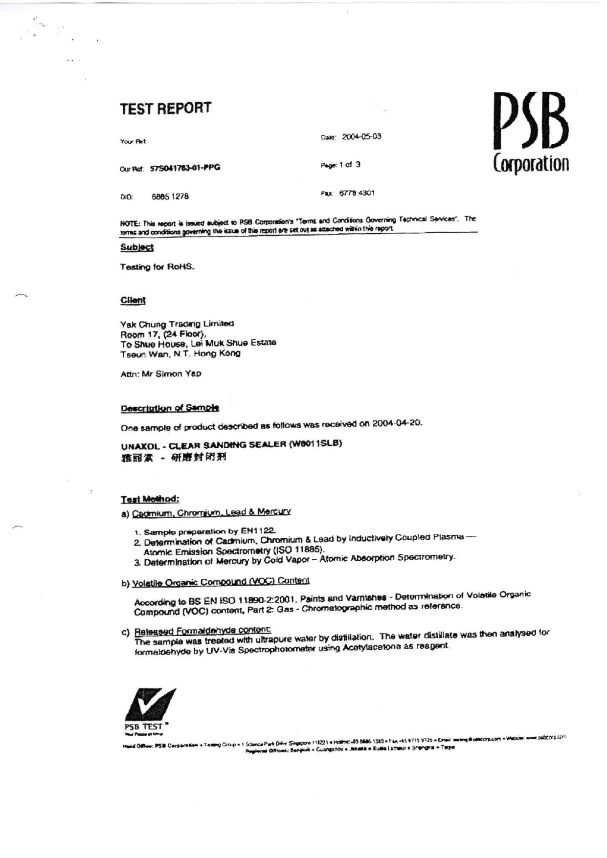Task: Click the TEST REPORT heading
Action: [x=166, y=108]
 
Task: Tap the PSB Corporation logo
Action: [x=531, y=132]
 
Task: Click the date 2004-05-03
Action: [x=361, y=137]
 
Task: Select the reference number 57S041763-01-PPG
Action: [x=185, y=168]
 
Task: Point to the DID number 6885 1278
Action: [x=170, y=197]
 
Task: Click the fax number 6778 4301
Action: [x=357, y=193]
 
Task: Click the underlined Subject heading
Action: [x=137, y=247]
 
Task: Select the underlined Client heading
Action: [x=133, y=300]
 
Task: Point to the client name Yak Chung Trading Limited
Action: [x=177, y=324]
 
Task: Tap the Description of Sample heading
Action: [x=170, y=408]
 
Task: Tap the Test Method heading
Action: [x=150, y=499]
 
